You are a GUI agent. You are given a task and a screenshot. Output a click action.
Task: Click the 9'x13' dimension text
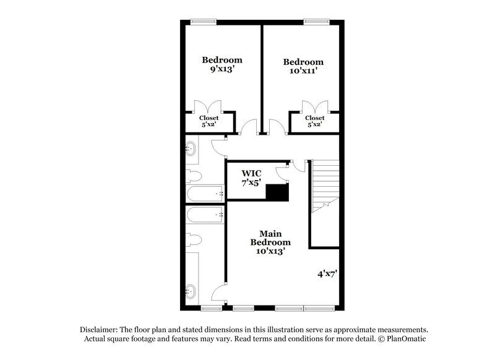[222, 70]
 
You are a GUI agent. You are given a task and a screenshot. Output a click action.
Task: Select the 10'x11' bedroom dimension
[303, 72]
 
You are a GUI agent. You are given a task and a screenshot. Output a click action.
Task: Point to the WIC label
[251, 172]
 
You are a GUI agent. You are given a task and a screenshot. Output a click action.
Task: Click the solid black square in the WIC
[277, 192]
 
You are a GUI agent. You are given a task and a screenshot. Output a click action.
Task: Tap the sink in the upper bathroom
[190, 148]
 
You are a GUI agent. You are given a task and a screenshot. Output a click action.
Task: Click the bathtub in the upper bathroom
[205, 194]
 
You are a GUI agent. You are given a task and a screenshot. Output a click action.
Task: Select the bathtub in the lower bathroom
[205, 215]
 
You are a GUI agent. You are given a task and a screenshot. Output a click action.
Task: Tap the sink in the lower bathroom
[190, 289]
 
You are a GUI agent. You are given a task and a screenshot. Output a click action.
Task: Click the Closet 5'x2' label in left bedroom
[209, 121]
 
